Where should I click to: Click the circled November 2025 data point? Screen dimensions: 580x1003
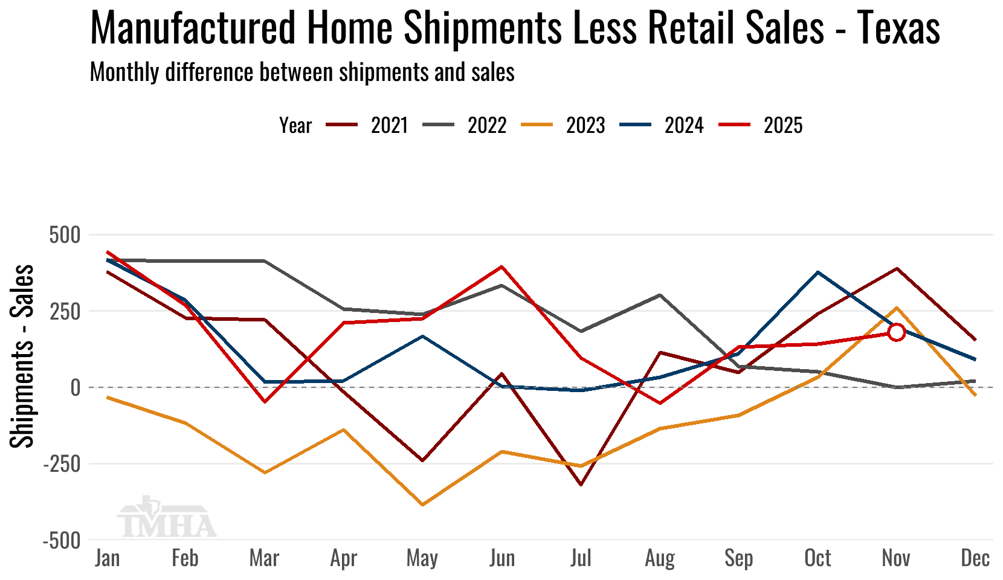pos(896,332)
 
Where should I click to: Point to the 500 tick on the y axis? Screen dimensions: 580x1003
pos(65,234)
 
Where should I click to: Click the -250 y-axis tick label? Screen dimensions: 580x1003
pos(61,464)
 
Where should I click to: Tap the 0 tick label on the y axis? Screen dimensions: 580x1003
pos(75,387)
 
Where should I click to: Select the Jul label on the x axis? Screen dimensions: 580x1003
pos(581,558)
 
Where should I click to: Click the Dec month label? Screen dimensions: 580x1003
pos(975,558)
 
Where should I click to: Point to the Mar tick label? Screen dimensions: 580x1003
pos(264,558)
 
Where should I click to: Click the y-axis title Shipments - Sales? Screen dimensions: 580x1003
pos(22,356)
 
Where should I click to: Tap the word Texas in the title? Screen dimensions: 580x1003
pos(898,28)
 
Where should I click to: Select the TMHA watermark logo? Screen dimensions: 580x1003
pos(166,518)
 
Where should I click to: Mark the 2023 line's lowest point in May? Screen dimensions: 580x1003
pos(422,504)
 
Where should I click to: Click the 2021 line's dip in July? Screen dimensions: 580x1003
pos(581,485)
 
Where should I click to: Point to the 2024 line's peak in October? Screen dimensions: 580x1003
pos(818,272)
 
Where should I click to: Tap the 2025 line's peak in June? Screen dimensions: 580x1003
pos(502,266)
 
